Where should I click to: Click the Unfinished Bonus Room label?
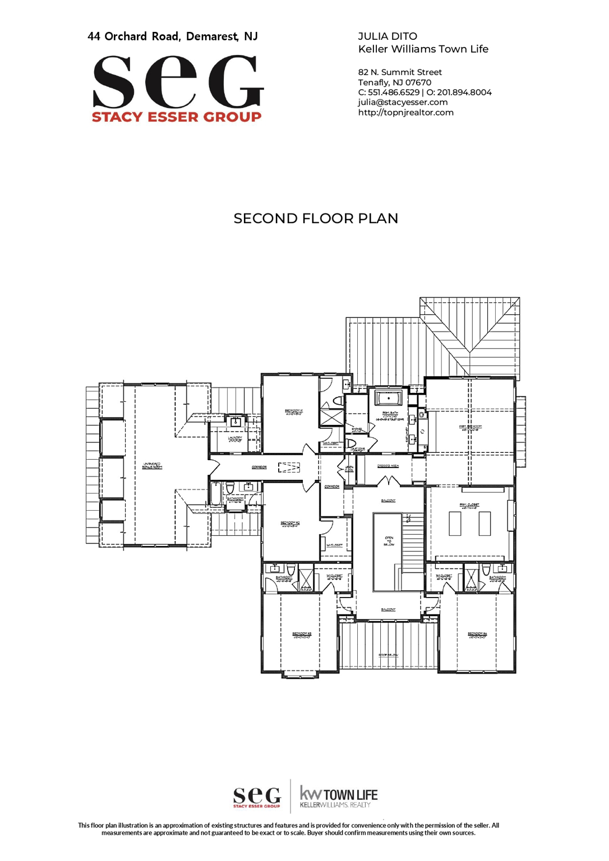tap(152, 466)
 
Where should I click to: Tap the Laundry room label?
tap(235, 439)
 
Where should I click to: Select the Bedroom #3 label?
tap(301, 635)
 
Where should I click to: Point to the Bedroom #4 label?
tap(477, 635)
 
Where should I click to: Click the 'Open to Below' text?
tap(389, 541)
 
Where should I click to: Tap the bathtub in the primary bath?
tap(388, 399)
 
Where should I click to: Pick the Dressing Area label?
tap(387, 466)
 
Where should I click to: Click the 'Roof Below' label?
tap(388, 655)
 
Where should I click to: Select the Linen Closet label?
tap(349, 469)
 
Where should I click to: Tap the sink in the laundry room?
tap(236, 421)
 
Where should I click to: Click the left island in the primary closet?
tap(455, 524)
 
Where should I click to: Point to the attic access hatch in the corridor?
tap(289, 467)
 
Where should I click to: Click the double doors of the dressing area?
tap(388, 482)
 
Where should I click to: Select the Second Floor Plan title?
tap(316, 218)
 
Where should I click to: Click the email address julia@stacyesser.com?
tap(403, 102)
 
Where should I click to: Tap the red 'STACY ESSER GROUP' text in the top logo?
tap(177, 117)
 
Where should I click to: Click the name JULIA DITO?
tap(387, 36)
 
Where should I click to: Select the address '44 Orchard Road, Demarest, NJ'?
tap(173, 36)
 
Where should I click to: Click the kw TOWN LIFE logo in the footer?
tap(338, 797)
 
